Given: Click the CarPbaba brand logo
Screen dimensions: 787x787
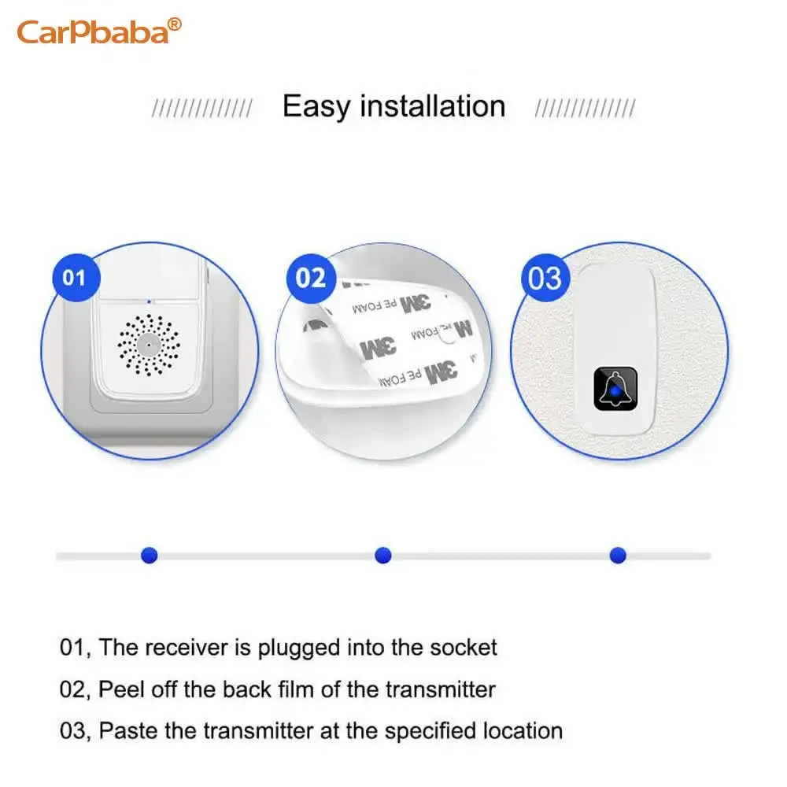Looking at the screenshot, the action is click(x=99, y=31).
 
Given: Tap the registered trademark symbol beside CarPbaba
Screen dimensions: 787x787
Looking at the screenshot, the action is click(x=174, y=24).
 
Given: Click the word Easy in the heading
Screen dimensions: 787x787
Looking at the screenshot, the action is click(x=316, y=106).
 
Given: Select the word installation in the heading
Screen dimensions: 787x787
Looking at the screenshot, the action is click(x=433, y=106).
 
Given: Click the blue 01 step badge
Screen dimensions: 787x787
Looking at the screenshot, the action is click(x=76, y=278).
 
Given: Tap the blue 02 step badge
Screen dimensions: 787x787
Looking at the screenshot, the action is click(x=311, y=278).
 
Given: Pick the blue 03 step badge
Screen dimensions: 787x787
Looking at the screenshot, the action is click(x=545, y=278).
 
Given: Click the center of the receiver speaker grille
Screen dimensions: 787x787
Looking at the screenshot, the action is click(x=149, y=345).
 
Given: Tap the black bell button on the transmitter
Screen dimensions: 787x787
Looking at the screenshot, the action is click(x=615, y=389).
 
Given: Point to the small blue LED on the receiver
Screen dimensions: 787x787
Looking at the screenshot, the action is click(x=149, y=301).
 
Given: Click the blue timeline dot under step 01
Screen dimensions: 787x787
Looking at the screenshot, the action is click(x=150, y=555).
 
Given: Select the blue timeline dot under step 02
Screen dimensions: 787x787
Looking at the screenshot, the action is click(x=383, y=555).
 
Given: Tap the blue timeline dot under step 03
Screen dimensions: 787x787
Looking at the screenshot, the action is click(x=618, y=555).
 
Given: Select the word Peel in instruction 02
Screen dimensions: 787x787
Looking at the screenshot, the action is click(x=120, y=689).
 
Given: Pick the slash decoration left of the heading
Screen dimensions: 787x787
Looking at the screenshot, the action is click(x=202, y=108).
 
